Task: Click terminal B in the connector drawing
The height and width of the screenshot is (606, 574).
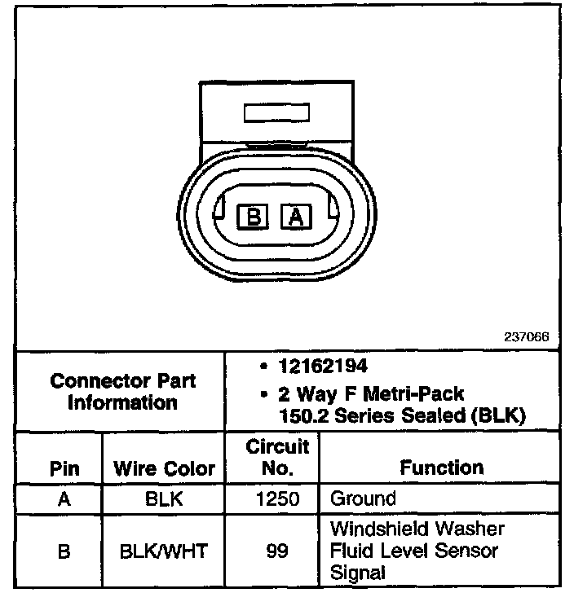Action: tap(254, 216)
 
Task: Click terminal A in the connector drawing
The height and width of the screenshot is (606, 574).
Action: tap(296, 216)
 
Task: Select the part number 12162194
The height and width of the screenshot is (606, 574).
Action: tap(321, 367)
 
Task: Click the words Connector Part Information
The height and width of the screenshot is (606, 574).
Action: tap(122, 392)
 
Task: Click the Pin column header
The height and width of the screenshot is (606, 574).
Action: tap(64, 469)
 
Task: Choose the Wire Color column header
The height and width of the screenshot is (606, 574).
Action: tap(164, 469)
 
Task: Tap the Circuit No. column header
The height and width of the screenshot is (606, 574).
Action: tap(277, 458)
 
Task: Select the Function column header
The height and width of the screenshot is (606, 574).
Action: tap(441, 468)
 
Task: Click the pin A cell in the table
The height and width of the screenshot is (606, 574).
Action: tap(64, 498)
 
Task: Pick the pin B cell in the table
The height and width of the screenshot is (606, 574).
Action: tap(64, 551)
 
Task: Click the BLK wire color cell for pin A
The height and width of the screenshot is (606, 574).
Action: tap(164, 498)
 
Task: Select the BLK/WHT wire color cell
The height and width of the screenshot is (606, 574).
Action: tap(164, 551)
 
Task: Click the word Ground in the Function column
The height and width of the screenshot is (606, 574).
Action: tap(363, 498)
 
